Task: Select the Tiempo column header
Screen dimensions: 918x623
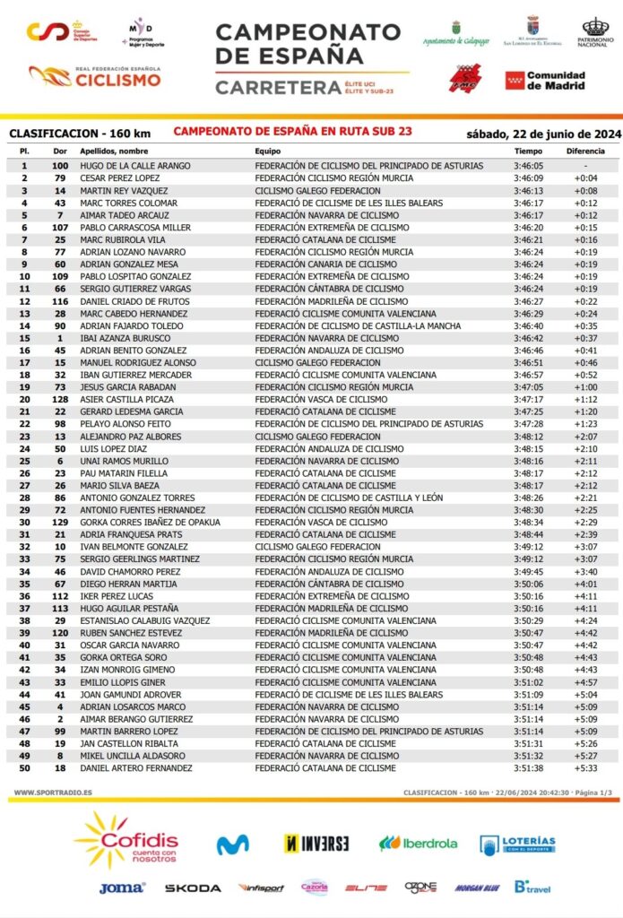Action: (x=528, y=152)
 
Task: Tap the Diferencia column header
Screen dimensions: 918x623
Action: (x=585, y=152)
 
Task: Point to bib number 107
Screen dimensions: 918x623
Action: (x=60, y=228)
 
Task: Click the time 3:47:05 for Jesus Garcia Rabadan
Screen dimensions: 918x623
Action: (x=528, y=386)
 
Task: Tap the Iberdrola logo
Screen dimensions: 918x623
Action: (x=418, y=844)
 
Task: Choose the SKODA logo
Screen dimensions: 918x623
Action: (x=193, y=888)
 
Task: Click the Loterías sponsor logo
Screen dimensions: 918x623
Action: (x=517, y=844)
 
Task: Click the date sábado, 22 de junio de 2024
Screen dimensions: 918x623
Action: (x=543, y=134)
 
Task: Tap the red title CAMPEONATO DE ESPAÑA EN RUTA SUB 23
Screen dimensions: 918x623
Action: (x=293, y=132)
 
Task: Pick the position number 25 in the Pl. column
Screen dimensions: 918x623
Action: (x=24, y=460)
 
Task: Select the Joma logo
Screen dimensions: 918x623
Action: (x=122, y=888)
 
